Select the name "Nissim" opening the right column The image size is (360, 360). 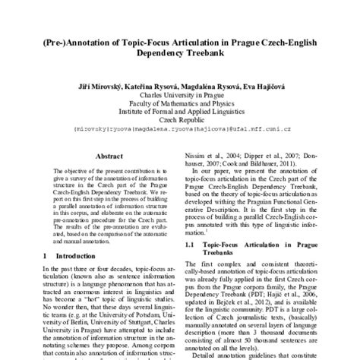coord(199,151)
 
